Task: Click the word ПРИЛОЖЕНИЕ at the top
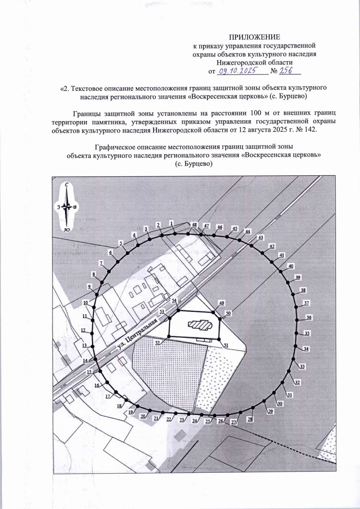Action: (x=255, y=37)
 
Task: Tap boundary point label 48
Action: (x=194, y=225)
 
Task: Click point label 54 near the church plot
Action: (x=174, y=301)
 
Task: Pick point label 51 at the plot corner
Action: (x=226, y=345)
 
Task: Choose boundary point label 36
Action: (x=309, y=317)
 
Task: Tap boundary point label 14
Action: (x=86, y=361)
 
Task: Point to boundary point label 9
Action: (x=89, y=287)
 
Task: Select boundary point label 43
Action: (x=261, y=237)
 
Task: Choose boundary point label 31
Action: (x=289, y=395)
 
